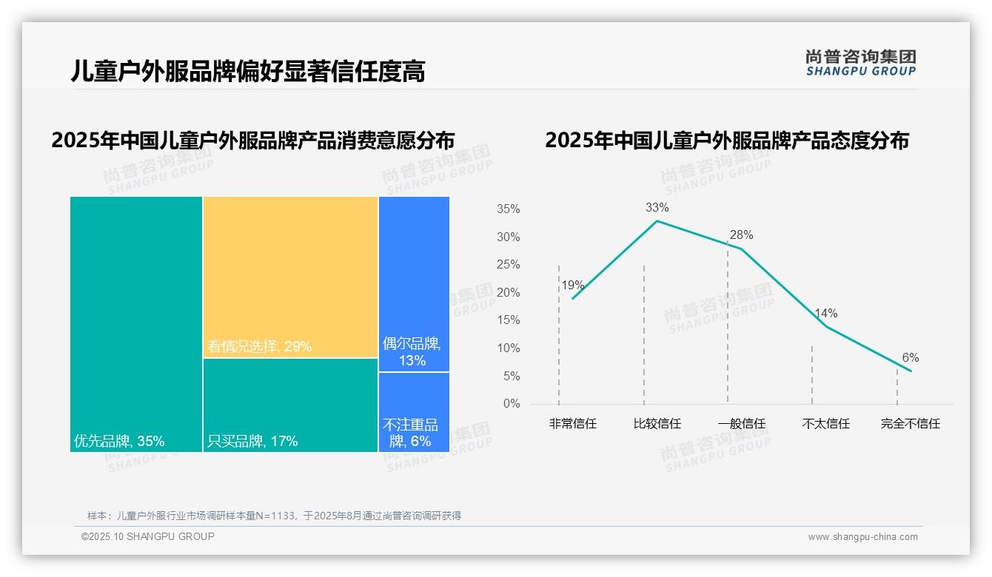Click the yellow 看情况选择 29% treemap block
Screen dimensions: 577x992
point(290,277)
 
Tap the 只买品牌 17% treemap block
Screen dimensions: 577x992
point(290,405)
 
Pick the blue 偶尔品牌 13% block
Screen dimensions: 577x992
point(414,283)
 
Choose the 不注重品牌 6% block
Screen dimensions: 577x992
point(414,412)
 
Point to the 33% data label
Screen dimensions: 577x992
point(657,208)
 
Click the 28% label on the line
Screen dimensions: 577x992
point(741,235)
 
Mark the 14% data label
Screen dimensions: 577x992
point(825,314)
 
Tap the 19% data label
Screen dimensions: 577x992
point(572,286)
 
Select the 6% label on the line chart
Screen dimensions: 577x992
point(910,358)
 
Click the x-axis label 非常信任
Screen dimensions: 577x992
point(572,424)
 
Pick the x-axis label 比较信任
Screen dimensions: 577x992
point(657,424)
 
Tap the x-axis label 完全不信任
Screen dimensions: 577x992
point(910,424)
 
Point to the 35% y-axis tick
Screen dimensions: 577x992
point(508,209)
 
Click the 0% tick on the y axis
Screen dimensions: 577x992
point(512,404)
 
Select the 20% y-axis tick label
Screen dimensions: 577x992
point(508,293)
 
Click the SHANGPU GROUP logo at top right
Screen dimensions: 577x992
point(860,63)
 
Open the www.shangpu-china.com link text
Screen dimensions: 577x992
point(862,537)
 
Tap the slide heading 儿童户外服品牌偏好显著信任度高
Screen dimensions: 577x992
point(247,72)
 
